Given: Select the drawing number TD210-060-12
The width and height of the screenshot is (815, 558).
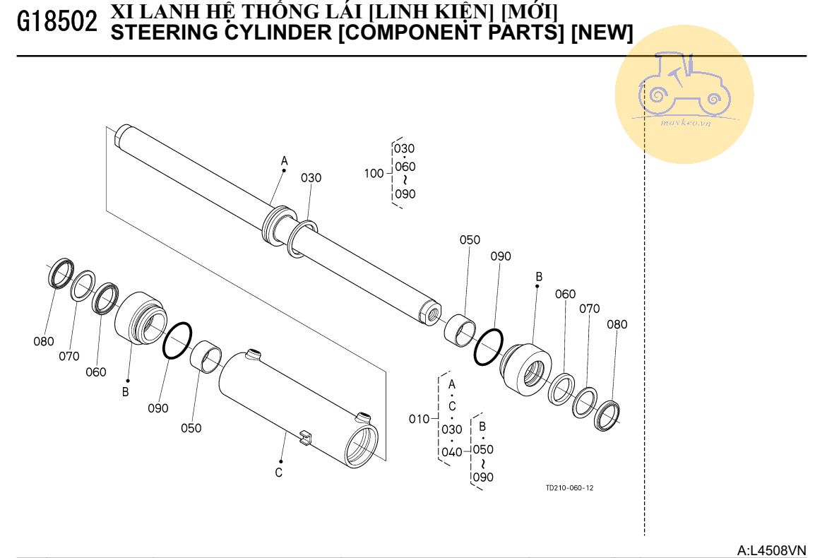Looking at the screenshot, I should [x=569, y=488].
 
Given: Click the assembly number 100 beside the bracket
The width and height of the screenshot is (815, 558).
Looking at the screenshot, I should [x=374, y=173].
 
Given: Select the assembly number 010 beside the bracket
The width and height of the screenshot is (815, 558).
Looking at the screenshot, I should [x=419, y=419].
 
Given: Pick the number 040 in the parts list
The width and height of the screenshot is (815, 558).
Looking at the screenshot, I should [x=452, y=452].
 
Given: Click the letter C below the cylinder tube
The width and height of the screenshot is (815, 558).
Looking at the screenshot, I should [x=279, y=473].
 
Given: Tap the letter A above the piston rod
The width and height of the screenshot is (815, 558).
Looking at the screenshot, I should [x=285, y=162].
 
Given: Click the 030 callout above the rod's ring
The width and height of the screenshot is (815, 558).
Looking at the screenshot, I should [x=311, y=178].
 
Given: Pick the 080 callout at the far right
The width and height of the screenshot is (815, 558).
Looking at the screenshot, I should [x=617, y=325].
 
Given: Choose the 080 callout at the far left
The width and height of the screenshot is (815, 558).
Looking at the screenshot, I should [x=44, y=341].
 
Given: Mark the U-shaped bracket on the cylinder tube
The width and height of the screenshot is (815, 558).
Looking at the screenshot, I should [x=305, y=437].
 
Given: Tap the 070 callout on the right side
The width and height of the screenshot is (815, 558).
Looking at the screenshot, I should [x=590, y=309].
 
